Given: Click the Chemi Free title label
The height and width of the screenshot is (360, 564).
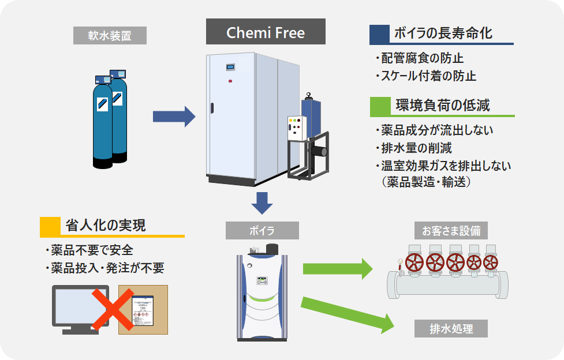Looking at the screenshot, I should tap(266, 32).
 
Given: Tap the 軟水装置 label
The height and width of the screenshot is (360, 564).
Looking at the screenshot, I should tap(110, 36).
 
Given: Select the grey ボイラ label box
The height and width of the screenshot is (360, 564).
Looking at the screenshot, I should tap(262, 231).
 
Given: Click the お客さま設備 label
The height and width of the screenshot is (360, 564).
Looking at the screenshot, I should tap(451, 231).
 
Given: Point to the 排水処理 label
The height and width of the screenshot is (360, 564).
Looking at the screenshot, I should tap(451, 329).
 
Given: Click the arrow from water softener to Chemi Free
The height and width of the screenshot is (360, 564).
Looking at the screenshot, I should tap(174, 117).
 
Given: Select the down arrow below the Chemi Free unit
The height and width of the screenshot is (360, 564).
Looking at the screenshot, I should tap(262, 202).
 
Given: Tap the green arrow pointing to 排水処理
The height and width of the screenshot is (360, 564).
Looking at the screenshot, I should tap(346, 314).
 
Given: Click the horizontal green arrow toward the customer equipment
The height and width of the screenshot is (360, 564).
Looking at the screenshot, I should tap(338, 268).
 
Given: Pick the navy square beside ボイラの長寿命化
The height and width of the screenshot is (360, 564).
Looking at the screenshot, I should tap(379, 33).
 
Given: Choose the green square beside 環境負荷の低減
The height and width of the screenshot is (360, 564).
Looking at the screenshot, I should tap(380, 105).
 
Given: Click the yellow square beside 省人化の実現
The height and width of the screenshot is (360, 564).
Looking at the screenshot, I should tap(50, 225).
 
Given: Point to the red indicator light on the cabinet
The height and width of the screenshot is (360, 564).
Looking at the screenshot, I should tap(230, 81).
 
